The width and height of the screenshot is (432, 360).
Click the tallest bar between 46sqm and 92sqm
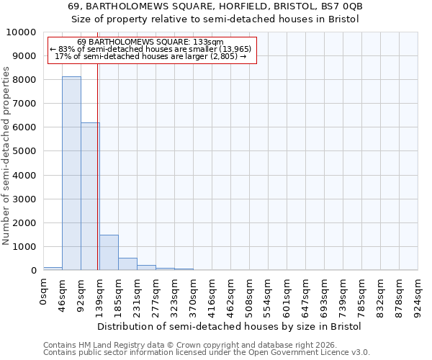[x=71, y=173]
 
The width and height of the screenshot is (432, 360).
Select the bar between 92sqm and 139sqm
[x=90, y=196]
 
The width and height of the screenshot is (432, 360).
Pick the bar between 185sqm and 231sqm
[x=127, y=264]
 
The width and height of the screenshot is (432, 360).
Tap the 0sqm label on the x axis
[x=44, y=292]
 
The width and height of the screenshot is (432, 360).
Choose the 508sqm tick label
[x=250, y=296]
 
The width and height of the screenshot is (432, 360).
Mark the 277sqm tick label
[x=156, y=296]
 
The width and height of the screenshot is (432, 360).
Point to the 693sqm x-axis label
[x=325, y=296]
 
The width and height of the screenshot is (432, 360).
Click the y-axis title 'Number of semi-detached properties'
[x=6, y=156]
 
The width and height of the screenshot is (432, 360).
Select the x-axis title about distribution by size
[x=229, y=326]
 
